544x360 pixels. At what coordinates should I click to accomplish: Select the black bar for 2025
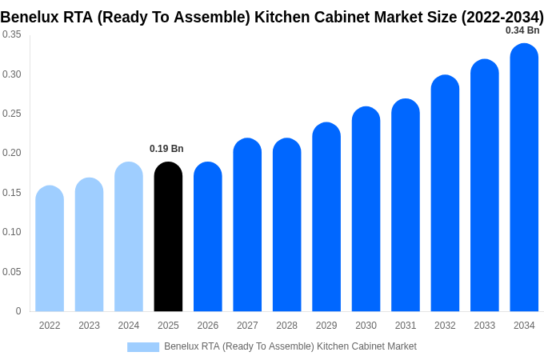click(x=168, y=237)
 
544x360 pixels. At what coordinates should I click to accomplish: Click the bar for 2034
click(x=524, y=178)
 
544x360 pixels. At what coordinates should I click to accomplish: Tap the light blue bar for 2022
click(x=50, y=249)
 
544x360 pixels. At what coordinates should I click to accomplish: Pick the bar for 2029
click(x=326, y=217)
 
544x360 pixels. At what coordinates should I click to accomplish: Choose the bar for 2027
click(x=247, y=225)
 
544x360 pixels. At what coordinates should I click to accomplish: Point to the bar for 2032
click(x=445, y=194)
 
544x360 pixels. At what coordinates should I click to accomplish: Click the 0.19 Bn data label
click(x=166, y=149)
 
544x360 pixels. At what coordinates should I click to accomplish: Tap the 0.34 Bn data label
click(x=522, y=30)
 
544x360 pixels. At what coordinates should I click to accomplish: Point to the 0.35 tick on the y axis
click(x=12, y=34)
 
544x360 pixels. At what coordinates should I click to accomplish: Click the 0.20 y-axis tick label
click(x=12, y=153)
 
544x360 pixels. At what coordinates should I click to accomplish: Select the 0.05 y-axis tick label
click(x=12, y=272)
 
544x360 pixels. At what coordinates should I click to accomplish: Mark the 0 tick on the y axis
click(x=18, y=311)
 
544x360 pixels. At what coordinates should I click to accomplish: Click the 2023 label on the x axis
click(x=89, y=326)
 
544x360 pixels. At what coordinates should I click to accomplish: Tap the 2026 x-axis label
click(x=208, y=326)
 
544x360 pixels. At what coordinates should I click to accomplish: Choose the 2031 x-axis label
click(x=406, y=326)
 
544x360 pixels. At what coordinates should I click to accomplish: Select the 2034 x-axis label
click(x=524, y=326)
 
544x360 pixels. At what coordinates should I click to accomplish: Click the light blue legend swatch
click(x=143, y=346)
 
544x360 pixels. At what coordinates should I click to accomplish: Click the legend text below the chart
click(x=290, y=346)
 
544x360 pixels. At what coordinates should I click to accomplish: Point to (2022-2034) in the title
click(x=502, y=17)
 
